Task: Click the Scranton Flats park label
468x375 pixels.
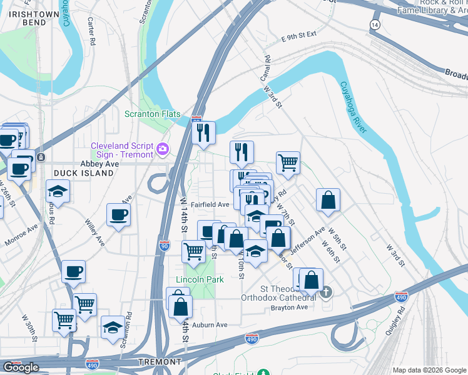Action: pyautogui.click(x=153, y=114)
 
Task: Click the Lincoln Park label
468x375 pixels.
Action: pyautogui.click(x=200, y=279)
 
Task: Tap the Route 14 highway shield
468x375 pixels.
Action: pyautogui.click(x=375, y=24)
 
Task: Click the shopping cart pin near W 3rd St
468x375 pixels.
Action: pyautogui.click(x=288, y=163)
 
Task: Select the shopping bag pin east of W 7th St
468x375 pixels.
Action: pyautogui.click(x=328, y=201)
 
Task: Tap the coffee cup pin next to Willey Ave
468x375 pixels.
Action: pyautogui.click(x=118, y=216)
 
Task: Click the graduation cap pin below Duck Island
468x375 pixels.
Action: pyautogui.click(x=58, y=191)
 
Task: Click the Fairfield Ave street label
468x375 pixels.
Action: pyautogui.click(x=210, y=204)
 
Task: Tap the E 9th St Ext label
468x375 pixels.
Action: pyautogui.click(x=299, y=37)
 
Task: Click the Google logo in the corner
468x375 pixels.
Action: pyautogui.click(x=21, y=367)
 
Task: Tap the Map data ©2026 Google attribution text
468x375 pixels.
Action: pyautogui.click(x=429, y=370)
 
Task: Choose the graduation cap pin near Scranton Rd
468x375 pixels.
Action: pyautogui.click(x=113, y=327)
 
